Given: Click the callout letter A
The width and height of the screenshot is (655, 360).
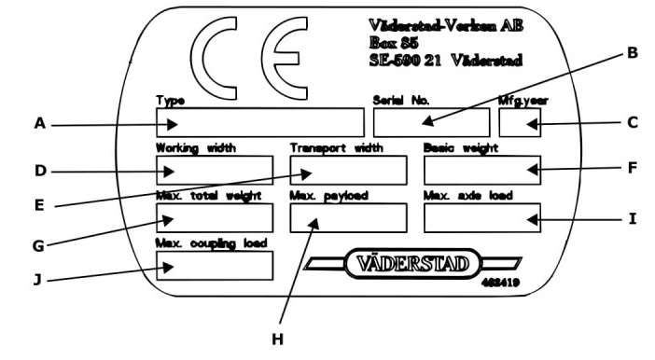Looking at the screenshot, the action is click(x=40, y=124).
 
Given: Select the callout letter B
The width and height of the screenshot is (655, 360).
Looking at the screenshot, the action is click(x=633, y=53).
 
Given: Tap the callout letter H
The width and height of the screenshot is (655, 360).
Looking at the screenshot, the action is click(x=277, y=339).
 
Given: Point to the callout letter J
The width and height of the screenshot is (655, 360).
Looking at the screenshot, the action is click(x=38, y=280).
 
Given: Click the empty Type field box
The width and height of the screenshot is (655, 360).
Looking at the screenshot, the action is click(x=260, y=122).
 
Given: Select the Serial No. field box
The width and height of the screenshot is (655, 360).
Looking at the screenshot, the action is click(x=431, y=122).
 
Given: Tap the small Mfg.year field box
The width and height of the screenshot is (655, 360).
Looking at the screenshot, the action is click(x=520, y=122).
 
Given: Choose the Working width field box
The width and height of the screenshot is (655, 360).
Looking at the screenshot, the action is click(x=215, y=170).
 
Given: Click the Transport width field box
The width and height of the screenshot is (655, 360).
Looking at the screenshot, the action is click(x=348, y=170).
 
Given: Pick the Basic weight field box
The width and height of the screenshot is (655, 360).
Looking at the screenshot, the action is click(x=482, y=170).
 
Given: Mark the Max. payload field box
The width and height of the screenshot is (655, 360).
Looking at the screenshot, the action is click(x=348, y=217).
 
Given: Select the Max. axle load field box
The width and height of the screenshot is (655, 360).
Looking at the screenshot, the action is click(x=482, y=217).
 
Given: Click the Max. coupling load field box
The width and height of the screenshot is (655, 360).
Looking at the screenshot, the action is click(x=215, y=266).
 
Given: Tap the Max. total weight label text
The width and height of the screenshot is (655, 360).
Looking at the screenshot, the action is click(x=208, y=196).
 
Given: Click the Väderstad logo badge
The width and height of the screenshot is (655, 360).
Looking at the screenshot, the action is click(x=412, y=264).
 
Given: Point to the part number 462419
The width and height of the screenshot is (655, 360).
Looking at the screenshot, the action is click(x=501, y=283).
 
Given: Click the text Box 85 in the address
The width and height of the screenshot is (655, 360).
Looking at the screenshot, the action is click(x=394, y=43).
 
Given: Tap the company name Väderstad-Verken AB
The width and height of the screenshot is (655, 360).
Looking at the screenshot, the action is click(x=446, y=26).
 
